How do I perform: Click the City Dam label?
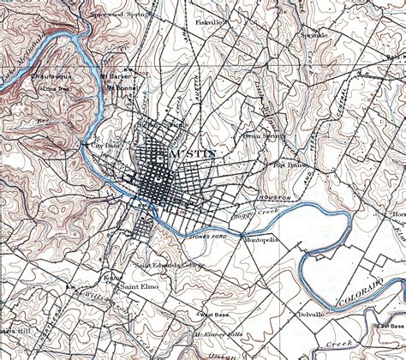pos(93,147)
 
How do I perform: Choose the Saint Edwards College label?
pos(162,265)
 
